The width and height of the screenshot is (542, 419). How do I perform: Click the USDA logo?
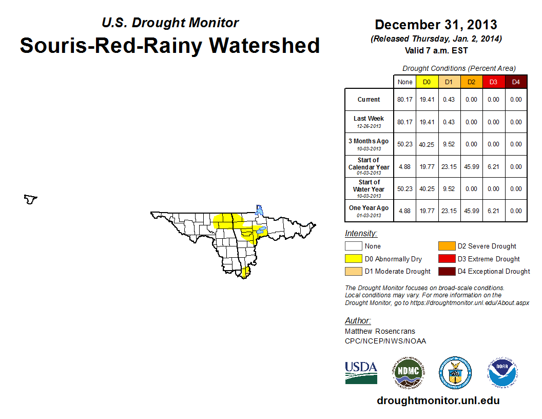(361, 372)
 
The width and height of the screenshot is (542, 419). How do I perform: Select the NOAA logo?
(502, 372)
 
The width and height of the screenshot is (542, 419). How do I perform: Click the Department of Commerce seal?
(455, 372)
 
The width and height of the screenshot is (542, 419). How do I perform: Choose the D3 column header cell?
(494, 82)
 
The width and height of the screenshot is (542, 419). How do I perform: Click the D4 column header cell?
(516, 82)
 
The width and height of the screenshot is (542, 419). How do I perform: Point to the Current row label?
(369, 100)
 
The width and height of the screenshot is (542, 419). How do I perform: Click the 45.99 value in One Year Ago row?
(471, 211)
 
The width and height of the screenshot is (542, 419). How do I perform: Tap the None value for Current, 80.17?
(404, 100)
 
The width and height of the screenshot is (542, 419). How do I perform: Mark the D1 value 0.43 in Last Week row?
(449, 122)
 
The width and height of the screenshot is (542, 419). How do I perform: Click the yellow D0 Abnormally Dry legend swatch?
(353, 259)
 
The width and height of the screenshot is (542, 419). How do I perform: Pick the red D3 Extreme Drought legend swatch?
(446, 259)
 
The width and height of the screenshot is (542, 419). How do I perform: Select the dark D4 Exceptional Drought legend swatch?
(446, 271)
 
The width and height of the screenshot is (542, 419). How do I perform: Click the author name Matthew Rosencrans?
(380, 331)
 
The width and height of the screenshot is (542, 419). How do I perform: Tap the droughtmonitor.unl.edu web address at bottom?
(438, 401)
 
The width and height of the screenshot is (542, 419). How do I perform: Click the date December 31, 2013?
(436, 25)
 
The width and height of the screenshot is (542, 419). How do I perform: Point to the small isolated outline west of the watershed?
(31, 199)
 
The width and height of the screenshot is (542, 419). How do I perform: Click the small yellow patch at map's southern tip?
(245, 272)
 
